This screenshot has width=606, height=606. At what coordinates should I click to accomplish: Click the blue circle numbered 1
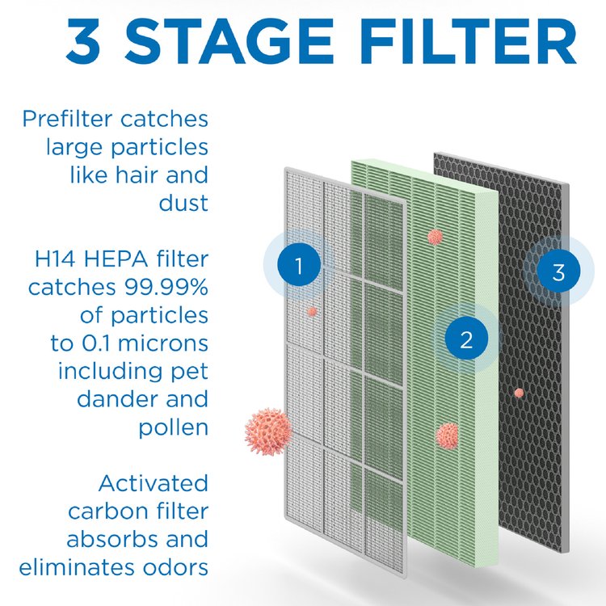[x=298, y=265]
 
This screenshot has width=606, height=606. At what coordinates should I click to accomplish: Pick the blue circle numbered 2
[x=465, y=339]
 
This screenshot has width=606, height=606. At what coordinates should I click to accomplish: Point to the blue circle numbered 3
[x=558, y=271]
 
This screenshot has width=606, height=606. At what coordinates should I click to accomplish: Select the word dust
[x=183, y=202]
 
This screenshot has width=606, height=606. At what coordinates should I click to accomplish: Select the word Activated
[x=154, y=483]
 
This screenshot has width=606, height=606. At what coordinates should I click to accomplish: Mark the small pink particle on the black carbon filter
[x=519, y=393]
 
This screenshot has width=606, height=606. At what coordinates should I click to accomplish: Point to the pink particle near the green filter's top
[x=435, y=237]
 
